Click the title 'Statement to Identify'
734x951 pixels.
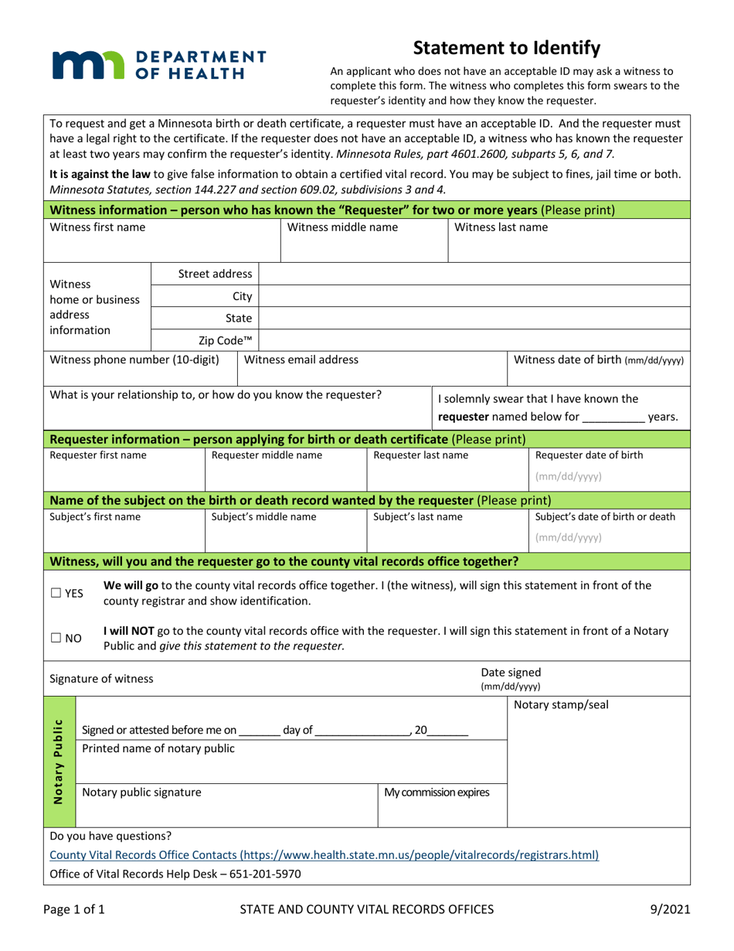click(x=507, y=48)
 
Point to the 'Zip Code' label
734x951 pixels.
click(x=226, y=340)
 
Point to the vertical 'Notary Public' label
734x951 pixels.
click(x=59, y=762)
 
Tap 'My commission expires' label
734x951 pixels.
click(x=437, y=792)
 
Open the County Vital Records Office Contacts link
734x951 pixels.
click(x=324, y=855)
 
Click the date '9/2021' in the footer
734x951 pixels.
click(x=671, y=910)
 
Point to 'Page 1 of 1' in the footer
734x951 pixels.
click(x=76, y=910)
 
